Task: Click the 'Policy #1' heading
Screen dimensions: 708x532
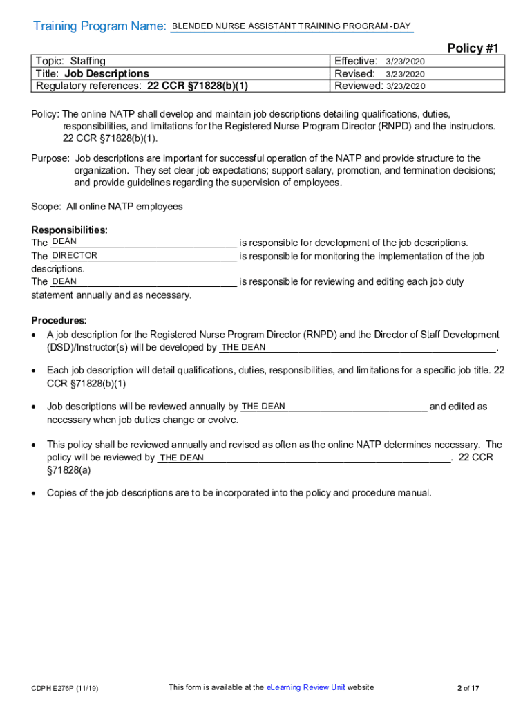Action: [x=473, y=48]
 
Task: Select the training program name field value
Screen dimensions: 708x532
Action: [x=290, y=26]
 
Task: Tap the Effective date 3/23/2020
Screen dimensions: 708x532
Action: [x=405, y=62]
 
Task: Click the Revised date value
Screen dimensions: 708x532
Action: [x=405, y=74]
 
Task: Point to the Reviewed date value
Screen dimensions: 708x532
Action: [x=406, y=86]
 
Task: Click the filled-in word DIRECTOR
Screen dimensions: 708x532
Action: [x=75, y=256]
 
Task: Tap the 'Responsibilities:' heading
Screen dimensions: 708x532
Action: [x=69, y=230]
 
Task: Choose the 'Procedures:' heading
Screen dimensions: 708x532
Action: [x=59, y=321]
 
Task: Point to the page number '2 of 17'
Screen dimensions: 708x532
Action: [x=468, y=688]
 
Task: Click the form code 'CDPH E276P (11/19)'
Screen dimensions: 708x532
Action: [x=64, y=689]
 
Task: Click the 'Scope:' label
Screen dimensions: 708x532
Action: [x=46, y=207]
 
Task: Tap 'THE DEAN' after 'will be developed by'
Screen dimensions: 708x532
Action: [x=243, y=347]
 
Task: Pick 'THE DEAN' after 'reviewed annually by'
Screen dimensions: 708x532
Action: [x=263, y=407]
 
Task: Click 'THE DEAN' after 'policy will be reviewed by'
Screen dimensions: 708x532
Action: [x=182, y=458]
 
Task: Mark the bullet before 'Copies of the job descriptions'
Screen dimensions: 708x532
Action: [x=35, y=494]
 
